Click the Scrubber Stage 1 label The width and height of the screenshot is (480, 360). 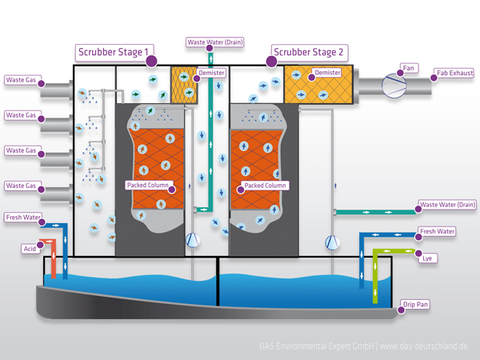pyautogui.click(x=113, y=53)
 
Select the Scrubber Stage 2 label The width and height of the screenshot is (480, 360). pyautogui.click(x=309, y=53)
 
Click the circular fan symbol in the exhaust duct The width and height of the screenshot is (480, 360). pyautogui.click(x=393, y=83)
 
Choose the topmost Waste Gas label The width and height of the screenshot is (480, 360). pyautogui.click(x=21, y=80)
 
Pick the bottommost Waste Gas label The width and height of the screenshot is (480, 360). pyautogui.click(x=21, y=186)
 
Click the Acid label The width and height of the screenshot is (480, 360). pyautogui.click(x=29, y=249)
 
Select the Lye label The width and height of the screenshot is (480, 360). pyautogui.click(x=428, y=258)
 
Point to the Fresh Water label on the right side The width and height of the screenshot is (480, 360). pyautogui.click(x=438, y=231)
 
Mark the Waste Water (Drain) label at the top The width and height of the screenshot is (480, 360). pyautogui.click(x=215, y=42)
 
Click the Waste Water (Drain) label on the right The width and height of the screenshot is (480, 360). pyautogui.click(x=447, y=205)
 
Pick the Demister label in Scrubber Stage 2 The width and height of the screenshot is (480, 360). pyautogui.click(x=328, y=73)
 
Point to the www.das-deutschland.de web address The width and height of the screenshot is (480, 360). pyautogui.click(x=423, y=346)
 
